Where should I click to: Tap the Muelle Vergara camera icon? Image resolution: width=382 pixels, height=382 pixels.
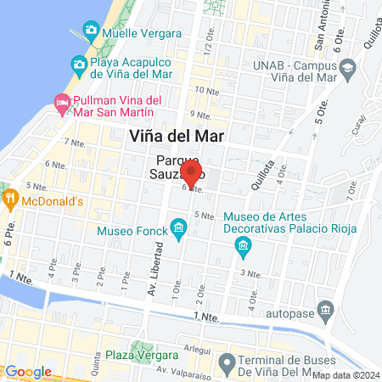pyautogui.click(x=90, y=31)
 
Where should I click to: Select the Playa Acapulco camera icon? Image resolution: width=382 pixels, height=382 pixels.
pyautogui.click(x=79, y=64)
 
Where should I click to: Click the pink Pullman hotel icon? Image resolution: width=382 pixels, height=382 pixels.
pyautogui.click(x=61, y=103)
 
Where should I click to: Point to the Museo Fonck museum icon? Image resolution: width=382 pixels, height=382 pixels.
pyautogui.click(x=178, y=228)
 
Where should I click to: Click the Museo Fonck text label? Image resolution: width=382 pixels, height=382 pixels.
pyautogui.click(x=133, y=228)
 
